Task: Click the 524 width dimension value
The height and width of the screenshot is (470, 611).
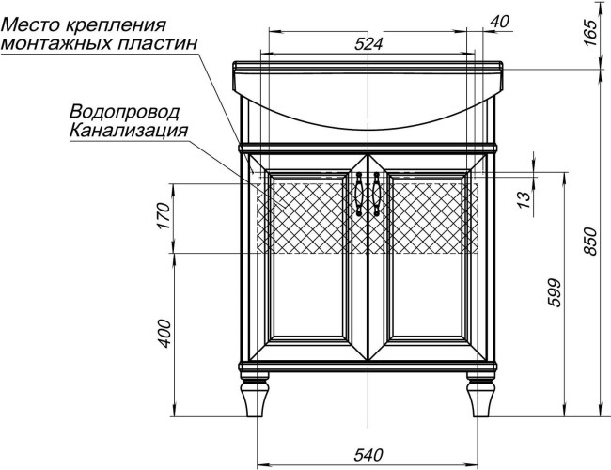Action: click(371, 43)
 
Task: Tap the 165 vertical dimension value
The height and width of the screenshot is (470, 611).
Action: click(590, 32)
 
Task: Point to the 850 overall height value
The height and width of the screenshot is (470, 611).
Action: click(590, 243)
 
